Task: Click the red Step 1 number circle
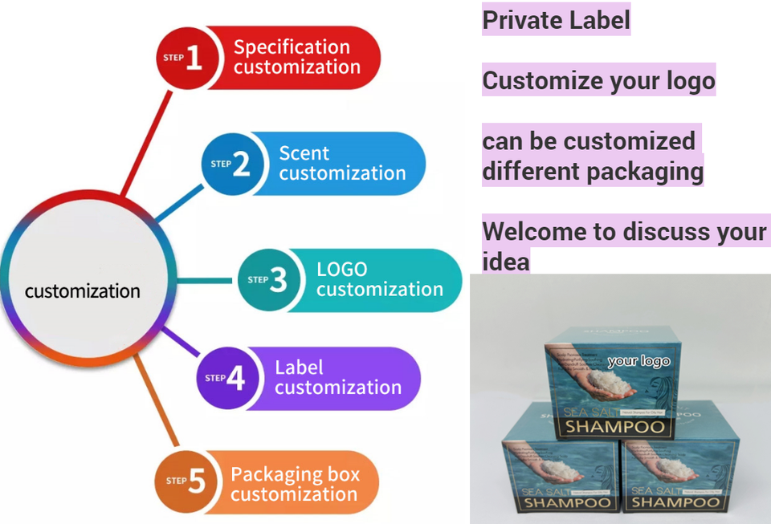click(184, 58)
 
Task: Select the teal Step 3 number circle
click(267, 280)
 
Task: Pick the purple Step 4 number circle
click(226, 378)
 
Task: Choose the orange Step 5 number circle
click(186, 481)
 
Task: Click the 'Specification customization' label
click(296, 57)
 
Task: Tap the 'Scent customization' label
click(342, 163)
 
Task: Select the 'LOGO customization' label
click(379, 279)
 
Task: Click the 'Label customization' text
click(337, 377)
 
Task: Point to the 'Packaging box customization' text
click(293, 484)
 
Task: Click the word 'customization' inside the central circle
click(83, 290)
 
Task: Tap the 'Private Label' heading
click(556, 19)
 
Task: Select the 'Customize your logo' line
click(598, 80)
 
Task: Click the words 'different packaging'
click(592, 171)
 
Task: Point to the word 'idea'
click(506, 262)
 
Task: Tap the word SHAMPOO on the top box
click(615, 424)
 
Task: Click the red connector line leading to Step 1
click(146, 144)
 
